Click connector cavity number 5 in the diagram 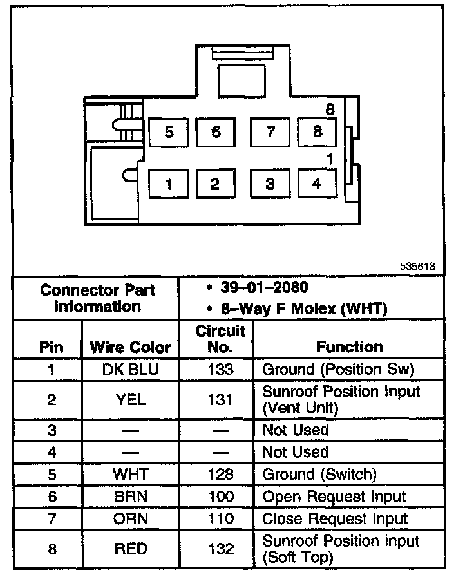coord(169,132)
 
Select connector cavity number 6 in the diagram coord(216,132)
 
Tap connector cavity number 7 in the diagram coord(270,132)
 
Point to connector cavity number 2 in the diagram coord(216,184)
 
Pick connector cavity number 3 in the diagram coord(270,184)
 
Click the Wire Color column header coord(130,347)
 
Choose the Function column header coord(349,347)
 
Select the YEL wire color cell coord(130,400)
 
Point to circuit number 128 coord(220,475)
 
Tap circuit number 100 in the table coord(220,497)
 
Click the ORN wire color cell coord(130,518)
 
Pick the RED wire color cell coord(130,549)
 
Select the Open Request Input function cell coord(334,497)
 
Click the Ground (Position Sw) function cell coord(337,370)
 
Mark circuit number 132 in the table coord(220,549)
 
